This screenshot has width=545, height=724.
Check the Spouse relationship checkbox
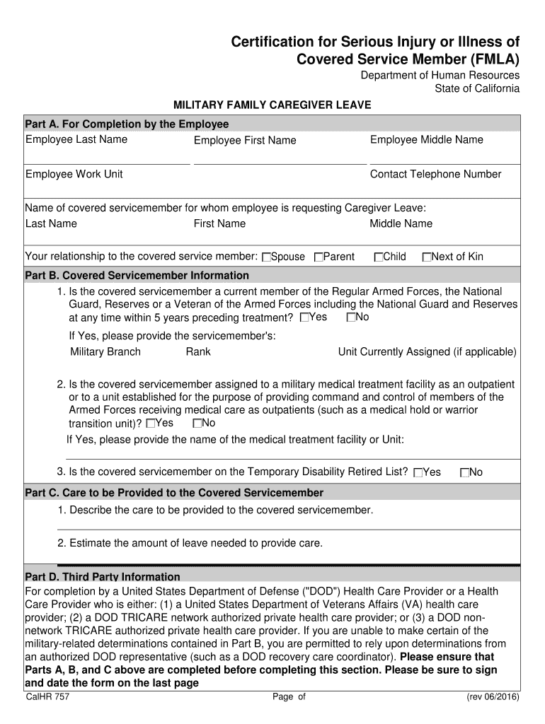point(266,257)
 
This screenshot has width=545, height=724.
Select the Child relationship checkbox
point(379,257)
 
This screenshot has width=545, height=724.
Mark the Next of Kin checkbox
point(426,257)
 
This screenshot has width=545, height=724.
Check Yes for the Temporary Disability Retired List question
point(418,473)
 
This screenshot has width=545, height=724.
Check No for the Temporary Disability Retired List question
point(464,473)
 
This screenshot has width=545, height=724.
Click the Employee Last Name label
point(76,139)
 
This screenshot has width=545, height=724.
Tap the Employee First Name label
point(245,141)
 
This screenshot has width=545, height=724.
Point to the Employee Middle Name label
point(427,140)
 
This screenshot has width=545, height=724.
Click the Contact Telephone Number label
point(435,175)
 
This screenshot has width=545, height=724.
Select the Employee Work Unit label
point(74,175)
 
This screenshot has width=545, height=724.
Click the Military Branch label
point(105,352)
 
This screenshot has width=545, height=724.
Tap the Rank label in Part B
point(198,352)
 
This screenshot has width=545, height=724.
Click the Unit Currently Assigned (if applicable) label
point(428,352)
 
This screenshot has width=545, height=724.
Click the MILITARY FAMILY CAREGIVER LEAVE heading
point(272,105)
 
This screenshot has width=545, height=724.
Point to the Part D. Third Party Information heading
point(103,577)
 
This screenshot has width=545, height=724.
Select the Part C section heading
point(174,493)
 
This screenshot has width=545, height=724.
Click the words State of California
point(477,88)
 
